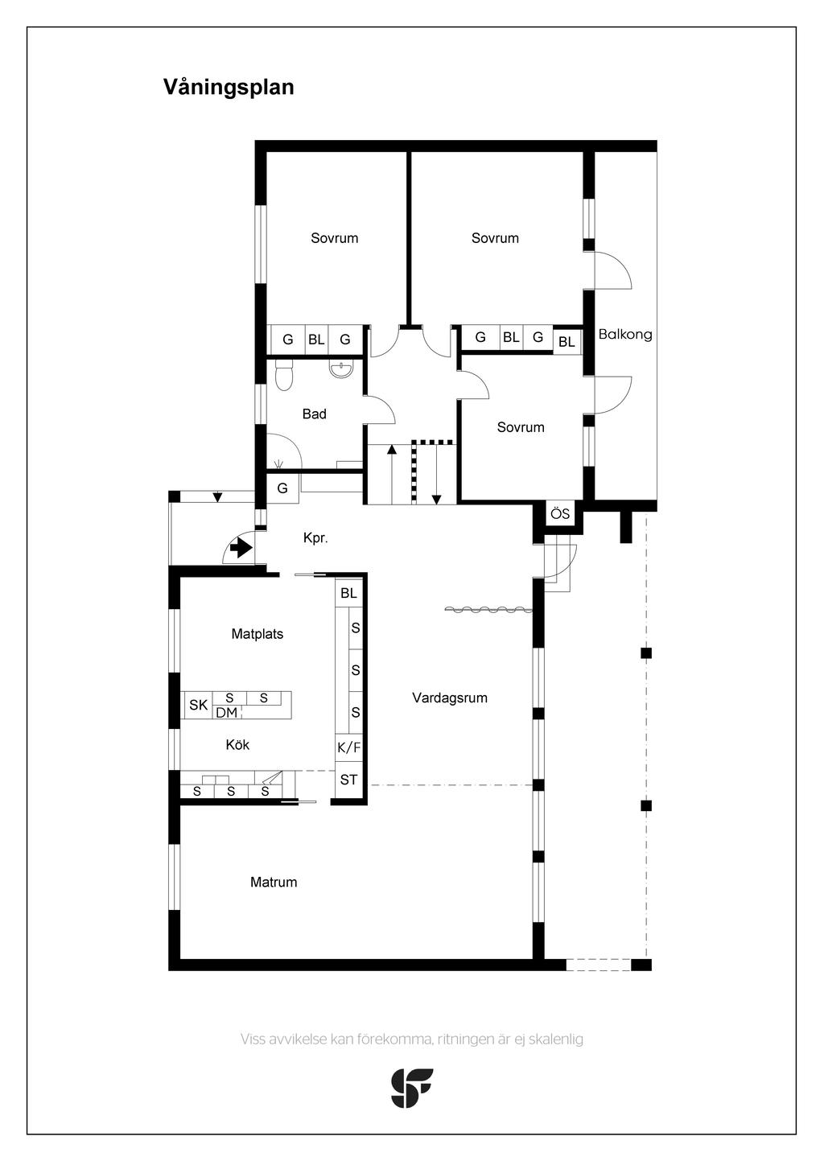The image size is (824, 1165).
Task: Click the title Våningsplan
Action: (229, 87)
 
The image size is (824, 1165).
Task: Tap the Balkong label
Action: (625, 335)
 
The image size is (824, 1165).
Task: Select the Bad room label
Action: (314, 414)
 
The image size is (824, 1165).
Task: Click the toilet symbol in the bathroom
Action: (283, 376)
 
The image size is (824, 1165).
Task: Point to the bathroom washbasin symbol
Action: (341, 370)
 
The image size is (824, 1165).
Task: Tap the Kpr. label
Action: (315, 538)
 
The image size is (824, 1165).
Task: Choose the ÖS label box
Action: (560, 514)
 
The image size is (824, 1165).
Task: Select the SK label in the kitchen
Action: (198, 706)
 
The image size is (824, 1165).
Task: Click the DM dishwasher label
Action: (227, 713)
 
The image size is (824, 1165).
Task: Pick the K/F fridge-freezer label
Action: (348, 747)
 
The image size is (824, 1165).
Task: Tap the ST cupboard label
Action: (348, 780)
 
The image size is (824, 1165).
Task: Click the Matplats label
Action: (257, 634)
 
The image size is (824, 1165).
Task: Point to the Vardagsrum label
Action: (450, 698)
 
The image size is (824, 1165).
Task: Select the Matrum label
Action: (274, 883)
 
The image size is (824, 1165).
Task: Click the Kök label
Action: (237, 745)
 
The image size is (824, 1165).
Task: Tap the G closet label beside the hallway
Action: (282, 488)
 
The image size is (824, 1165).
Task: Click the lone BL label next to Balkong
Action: (566, 342)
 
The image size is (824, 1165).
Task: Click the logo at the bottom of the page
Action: (412, 1088)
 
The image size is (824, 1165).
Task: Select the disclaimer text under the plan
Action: (412, 1039)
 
